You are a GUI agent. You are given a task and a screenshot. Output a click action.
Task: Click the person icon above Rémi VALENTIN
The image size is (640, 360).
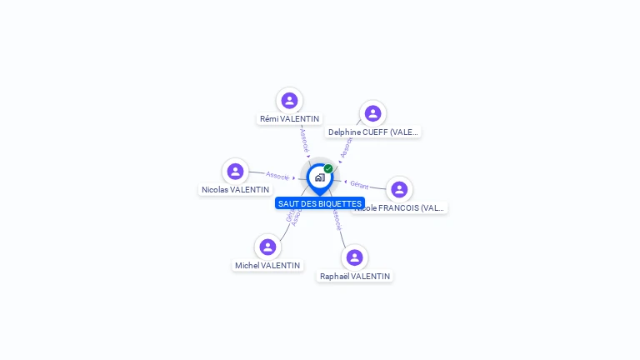[x=289, y=101]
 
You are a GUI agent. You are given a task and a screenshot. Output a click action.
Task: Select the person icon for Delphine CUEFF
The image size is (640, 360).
[x=372, y=113]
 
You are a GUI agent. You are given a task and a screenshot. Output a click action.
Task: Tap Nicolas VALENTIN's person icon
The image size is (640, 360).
[x=235, y=172]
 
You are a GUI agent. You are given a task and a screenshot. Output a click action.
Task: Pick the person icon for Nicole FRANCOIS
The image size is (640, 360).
[x=399, y=190]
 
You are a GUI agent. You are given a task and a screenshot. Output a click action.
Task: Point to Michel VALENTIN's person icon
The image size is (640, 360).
[x=267, y=247]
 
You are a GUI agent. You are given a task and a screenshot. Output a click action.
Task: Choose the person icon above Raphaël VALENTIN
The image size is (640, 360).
[x=354, y=257]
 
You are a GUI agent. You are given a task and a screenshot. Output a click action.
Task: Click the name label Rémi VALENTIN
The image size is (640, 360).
[x=289, y=119]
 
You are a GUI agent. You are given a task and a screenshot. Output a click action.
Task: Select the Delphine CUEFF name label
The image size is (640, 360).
[x=373, y=132]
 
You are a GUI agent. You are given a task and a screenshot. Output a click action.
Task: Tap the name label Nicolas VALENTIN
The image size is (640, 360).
[x=235, y=190]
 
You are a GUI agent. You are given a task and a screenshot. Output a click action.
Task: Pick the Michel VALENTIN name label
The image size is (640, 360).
[x=267, y=266]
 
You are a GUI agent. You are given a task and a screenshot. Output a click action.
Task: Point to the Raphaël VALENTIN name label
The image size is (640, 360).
[x=355, y=276]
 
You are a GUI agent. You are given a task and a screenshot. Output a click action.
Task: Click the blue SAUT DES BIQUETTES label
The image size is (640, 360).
[x=320, y=203]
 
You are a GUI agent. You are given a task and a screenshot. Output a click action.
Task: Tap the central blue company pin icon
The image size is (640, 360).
[x=319, y=177]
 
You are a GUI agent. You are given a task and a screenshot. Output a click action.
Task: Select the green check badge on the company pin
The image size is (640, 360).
[x=328, y=168]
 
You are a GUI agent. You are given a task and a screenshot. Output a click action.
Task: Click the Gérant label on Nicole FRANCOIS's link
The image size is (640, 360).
[x=359, y=184]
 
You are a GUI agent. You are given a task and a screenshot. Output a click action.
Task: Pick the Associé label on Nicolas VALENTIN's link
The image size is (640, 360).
[x=277, y=175]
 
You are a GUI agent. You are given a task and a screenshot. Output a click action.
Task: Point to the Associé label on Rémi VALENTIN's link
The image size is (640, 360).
[x=304, y=138]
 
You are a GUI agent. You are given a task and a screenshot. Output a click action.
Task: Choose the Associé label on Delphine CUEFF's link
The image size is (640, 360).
[x=346, y=148]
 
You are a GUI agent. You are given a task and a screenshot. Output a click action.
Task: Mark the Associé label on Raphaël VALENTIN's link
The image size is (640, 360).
[x=336, y=219]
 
